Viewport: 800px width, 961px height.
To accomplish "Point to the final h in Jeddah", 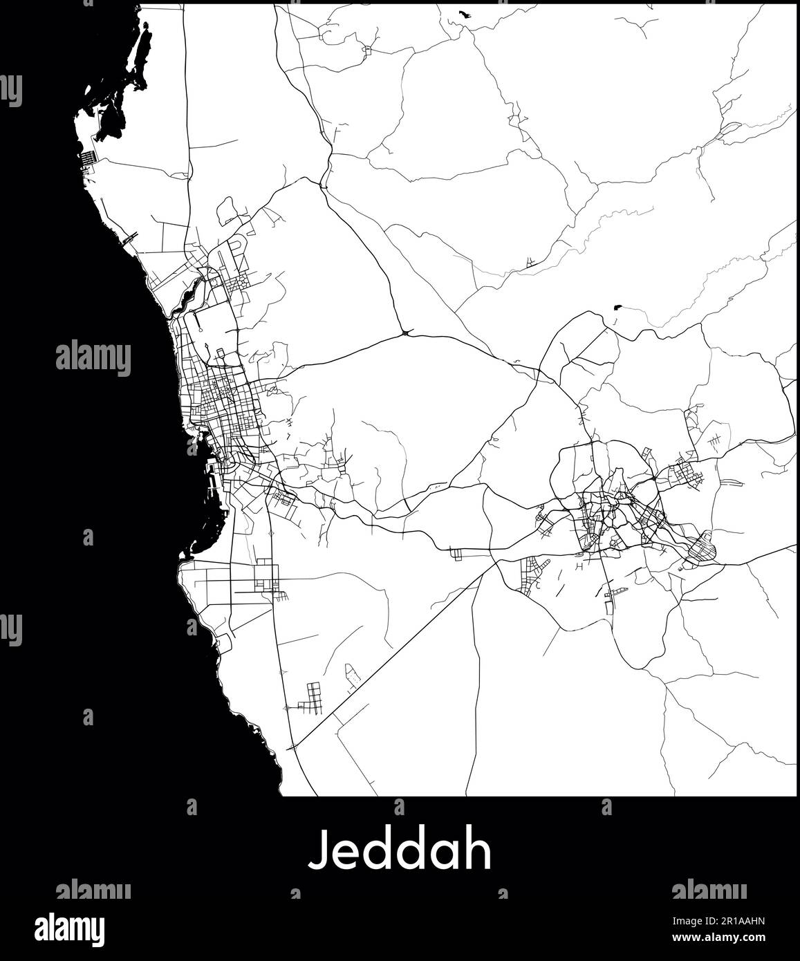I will [x=479, y=850].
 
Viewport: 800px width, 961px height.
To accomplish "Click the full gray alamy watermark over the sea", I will [x=93, y=359].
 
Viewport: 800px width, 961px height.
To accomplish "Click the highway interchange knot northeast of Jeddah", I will [x=404, y=334].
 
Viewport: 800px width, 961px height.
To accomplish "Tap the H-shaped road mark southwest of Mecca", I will [x=579, y=566].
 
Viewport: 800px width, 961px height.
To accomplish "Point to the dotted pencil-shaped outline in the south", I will [x=352, y=677].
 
